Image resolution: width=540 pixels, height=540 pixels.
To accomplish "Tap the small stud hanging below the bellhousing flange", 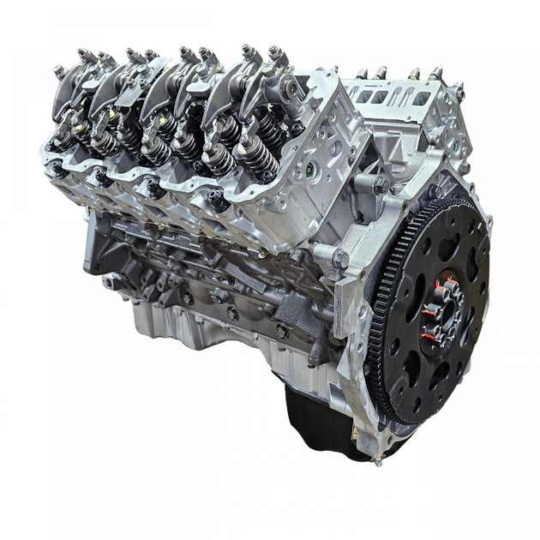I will (x=377, y=461).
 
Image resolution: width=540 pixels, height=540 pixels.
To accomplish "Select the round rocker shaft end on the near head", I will (x=293, y=87).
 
